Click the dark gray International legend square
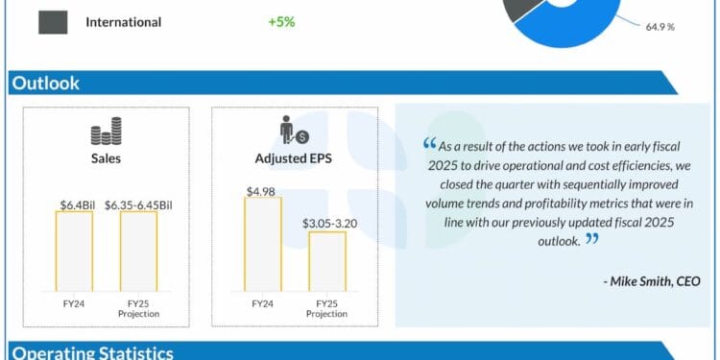click(53, 21)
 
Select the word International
click(123, 22)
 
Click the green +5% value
click(281, 21)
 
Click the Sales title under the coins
click(106, 158)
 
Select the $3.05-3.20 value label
click(327, 224)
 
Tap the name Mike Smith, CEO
click(652, 280)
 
